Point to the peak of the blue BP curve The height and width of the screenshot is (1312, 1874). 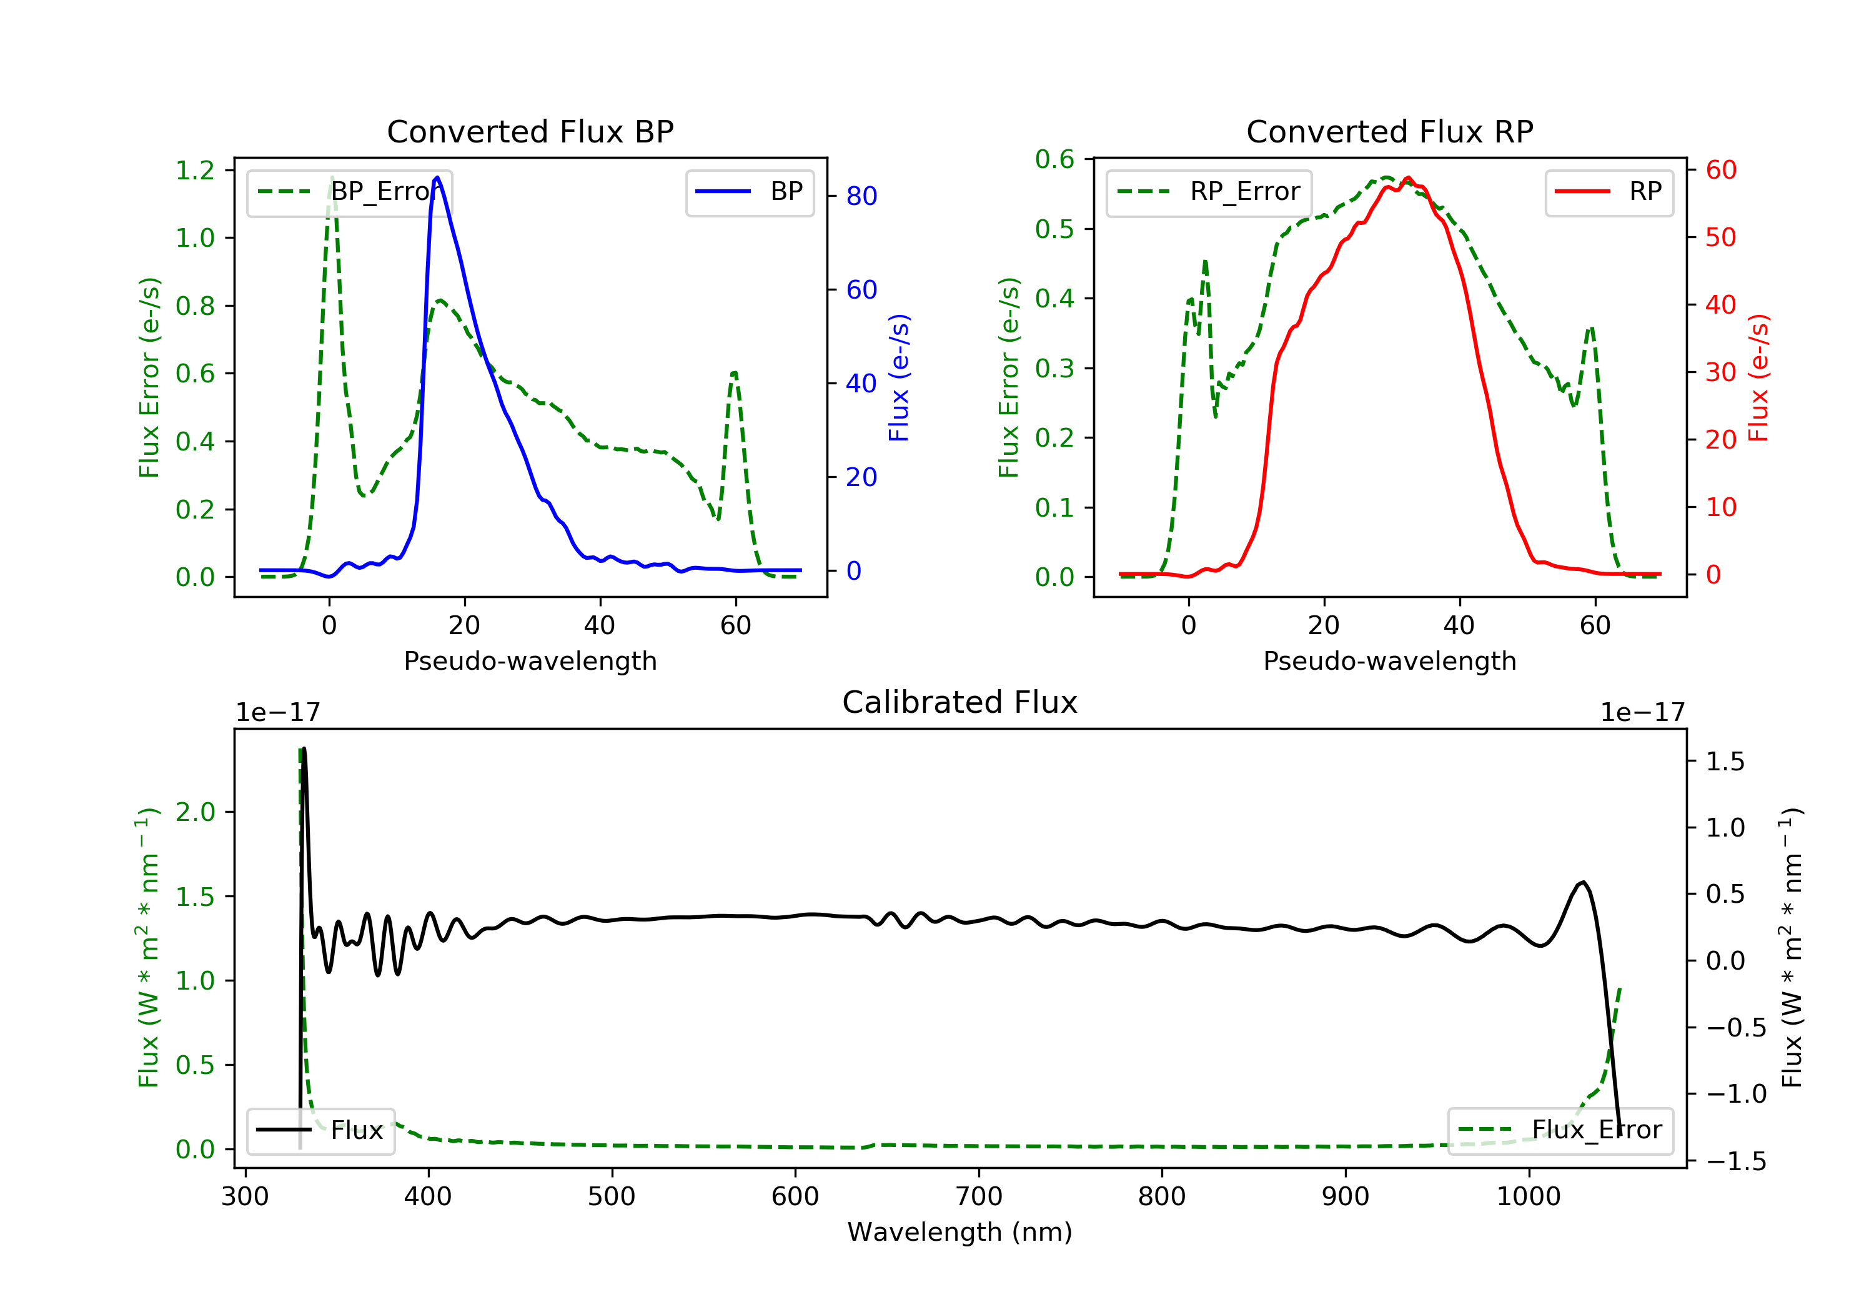click(x=437, y=177)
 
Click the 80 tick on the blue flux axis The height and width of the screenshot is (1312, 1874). click(x=861, y=196)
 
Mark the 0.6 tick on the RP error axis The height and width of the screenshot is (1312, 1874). click(x=1054, y=159)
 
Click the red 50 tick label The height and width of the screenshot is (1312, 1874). click(x=1720, y=237)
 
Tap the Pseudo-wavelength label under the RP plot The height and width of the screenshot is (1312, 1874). click(x=1389, y=660)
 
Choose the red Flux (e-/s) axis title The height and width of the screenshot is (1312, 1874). click(x=1758, y=377)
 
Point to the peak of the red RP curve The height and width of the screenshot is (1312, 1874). click(x=1408, y=178)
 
